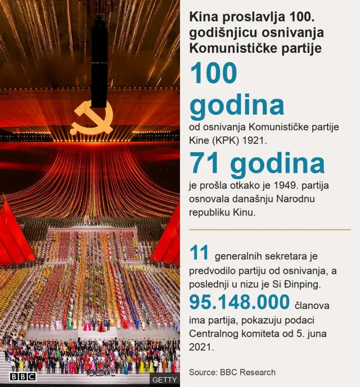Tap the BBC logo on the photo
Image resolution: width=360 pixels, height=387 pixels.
click(22, 376)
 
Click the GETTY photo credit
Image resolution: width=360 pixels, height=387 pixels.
click(164, 380)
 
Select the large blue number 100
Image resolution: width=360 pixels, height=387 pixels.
click(214, 73)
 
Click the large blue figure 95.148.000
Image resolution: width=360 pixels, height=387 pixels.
click(239, 302)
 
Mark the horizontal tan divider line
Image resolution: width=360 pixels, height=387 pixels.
click(269, 229)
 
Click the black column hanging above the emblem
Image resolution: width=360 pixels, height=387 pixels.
click(99, 62)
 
